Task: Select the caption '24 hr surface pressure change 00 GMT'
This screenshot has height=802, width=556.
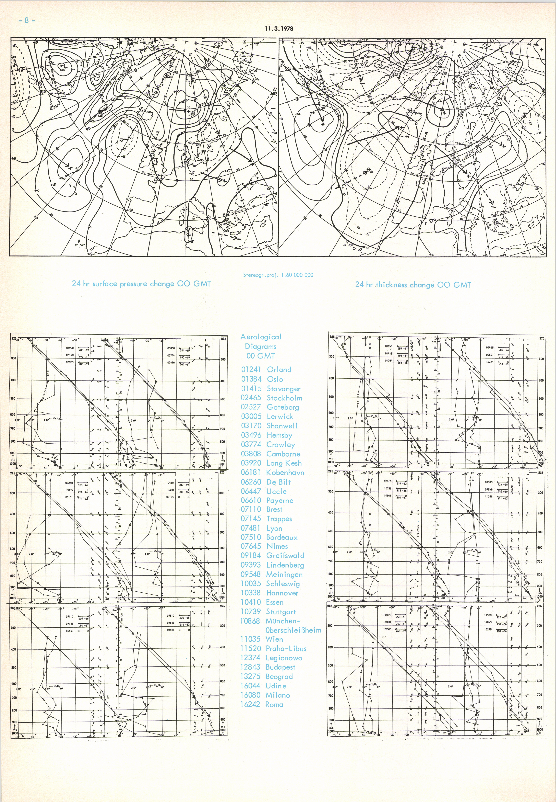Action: click(x=141, y=284)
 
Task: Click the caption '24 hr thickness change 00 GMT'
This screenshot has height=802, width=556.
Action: click(x=413, y=285)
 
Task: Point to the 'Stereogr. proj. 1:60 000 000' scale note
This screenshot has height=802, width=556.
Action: click(x=278, y=275)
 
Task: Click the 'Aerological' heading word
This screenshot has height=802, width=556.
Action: click(x=261, y=337)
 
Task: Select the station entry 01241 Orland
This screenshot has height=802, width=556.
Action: click(x=266, y=370)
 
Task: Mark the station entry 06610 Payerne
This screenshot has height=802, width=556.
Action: click(x=267, y=500)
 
